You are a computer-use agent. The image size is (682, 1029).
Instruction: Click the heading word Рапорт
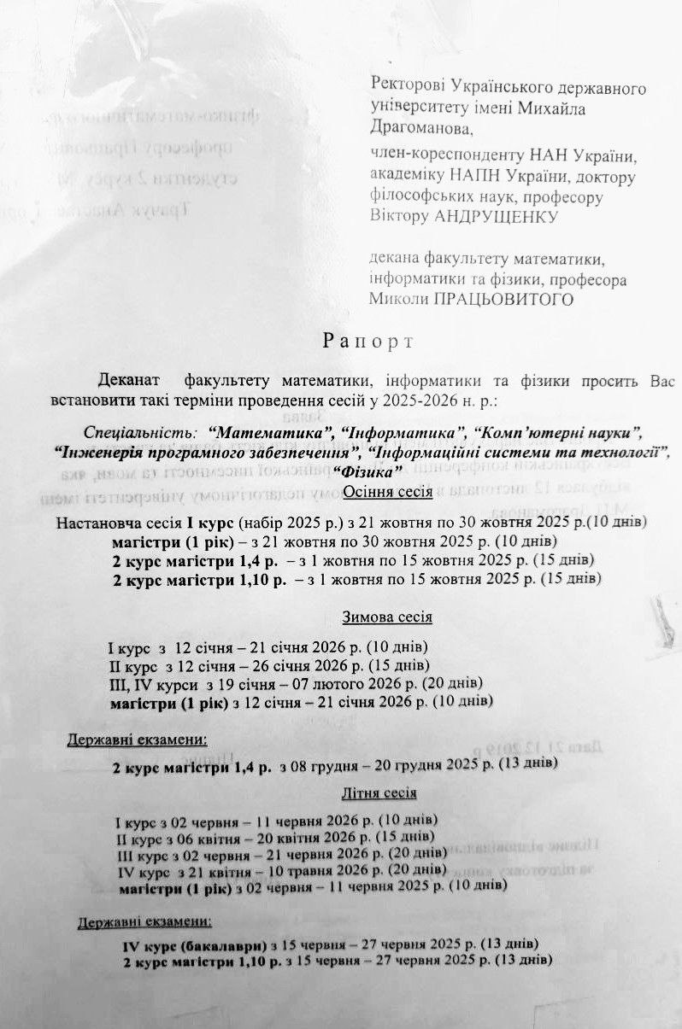click(x=367, y=342)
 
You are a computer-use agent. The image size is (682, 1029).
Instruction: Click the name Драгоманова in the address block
click(x=420, y=129)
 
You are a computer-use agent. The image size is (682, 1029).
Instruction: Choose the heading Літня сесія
click(x=379, y=792)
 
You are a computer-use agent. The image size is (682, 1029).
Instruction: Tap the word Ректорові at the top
click(x=405, y=88)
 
